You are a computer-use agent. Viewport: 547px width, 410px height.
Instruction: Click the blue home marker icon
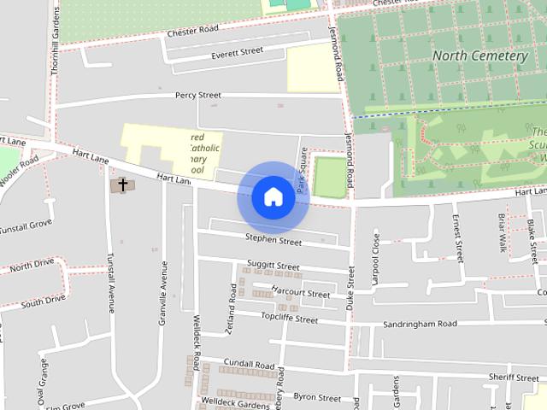click(272, 196)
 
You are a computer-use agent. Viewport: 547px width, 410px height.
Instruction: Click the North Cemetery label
click(479, 56)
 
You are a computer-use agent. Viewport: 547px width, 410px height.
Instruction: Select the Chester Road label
click(193, 31)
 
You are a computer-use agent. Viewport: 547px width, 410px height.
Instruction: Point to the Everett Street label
click(237, 53)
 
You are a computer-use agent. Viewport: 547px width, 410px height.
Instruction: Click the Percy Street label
click(197, 95)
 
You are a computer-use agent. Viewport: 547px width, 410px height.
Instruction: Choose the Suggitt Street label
click(273, 266)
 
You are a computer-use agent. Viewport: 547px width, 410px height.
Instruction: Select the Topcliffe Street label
click(289, 319)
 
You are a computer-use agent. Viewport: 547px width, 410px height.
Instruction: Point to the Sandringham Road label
click(420, 324)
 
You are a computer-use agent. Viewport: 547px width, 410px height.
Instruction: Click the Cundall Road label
click(252, 363)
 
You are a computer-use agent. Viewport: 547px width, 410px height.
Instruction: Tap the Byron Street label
click(317, 398)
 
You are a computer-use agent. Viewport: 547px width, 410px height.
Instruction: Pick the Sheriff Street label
click(514, 377)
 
